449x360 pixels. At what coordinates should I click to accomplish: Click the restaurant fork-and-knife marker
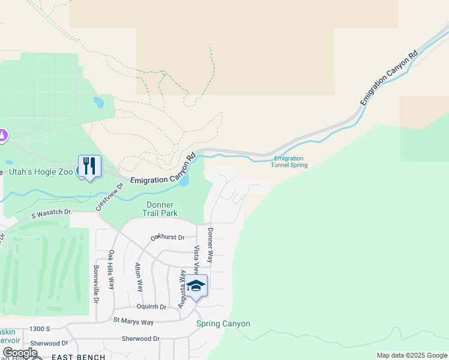pos(89,166)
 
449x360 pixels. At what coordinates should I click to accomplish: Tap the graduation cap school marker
pos(196,285)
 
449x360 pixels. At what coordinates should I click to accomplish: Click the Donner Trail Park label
pos(160,209)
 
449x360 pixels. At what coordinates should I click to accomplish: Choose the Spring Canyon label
pos(223,324)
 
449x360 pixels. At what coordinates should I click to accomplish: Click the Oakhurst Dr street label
pos(167,237)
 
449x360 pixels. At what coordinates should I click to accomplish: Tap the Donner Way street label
pos(210,245)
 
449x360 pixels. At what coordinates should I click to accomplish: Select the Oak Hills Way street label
pos(111,269)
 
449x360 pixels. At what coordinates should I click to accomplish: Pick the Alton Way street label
pos(139,277)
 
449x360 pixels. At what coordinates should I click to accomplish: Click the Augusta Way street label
pos(181,288)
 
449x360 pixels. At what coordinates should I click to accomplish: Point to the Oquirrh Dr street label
pos(151,306)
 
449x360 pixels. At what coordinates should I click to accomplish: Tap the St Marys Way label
pos(133,322)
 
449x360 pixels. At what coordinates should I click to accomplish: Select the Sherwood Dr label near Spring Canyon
pos(140,338)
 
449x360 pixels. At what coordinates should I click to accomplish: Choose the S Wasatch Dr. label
pos(52,213)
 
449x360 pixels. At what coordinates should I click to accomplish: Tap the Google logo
pos(20,353)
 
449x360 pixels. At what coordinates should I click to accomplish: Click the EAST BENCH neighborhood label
pos(74,357)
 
